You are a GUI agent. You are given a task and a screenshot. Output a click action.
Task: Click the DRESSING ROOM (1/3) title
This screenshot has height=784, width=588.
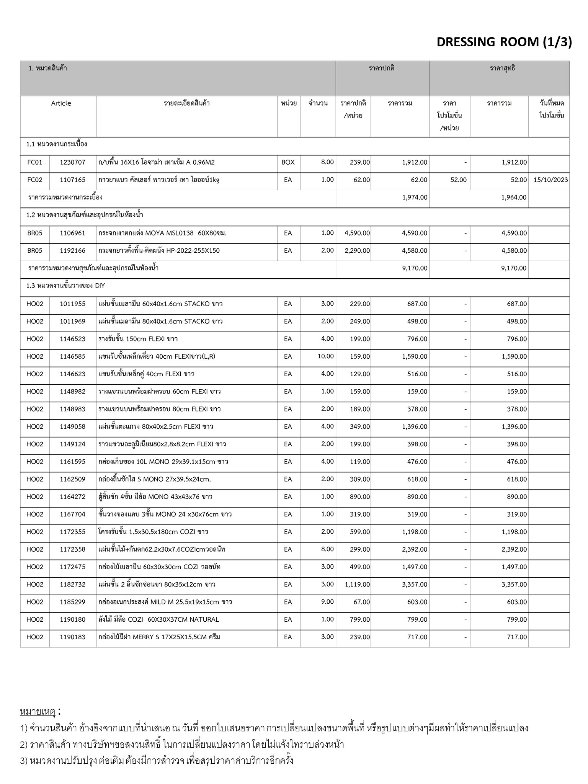[504, 42]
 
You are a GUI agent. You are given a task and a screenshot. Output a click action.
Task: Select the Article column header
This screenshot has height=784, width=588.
[61, 103]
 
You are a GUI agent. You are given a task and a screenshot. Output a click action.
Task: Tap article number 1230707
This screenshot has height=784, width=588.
[72, 162]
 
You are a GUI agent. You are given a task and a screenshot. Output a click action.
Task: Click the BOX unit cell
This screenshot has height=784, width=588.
[288, 162]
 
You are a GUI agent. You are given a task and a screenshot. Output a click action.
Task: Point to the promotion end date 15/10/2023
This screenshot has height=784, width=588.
[550, 180]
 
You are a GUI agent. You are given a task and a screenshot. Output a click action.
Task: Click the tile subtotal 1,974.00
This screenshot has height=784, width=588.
[415, 198]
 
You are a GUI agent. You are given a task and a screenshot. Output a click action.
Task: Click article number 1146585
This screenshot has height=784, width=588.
[72, 356]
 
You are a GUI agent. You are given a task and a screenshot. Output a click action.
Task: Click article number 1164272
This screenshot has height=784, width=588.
[72, 497]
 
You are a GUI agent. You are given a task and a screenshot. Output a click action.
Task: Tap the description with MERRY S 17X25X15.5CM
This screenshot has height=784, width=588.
[159, 637]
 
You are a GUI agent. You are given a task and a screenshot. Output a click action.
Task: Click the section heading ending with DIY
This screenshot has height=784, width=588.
[65, 286]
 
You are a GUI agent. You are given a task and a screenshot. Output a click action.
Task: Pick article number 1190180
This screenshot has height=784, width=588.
[72, 619]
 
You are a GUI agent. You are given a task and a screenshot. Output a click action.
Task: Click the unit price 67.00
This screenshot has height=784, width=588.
[362, 602]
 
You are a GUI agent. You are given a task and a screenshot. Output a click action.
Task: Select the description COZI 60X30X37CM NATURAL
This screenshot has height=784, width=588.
[158, 619]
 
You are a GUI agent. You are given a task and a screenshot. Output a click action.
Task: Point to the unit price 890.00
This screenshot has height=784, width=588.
[359, 497]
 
